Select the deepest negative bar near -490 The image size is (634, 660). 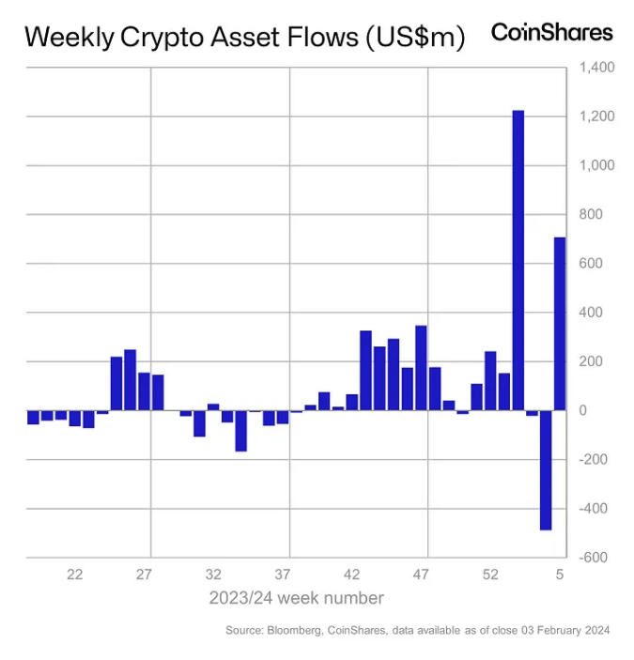click(546, 470)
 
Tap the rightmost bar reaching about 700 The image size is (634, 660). click(560, 323)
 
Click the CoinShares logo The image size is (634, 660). click(551, 33)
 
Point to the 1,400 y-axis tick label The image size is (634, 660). click(596, 68)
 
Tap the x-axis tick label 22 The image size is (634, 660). click(75, 575)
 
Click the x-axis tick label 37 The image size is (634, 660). click(283, 575)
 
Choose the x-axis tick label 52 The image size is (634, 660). click(490, 575)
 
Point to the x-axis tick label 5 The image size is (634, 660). click(560, 575)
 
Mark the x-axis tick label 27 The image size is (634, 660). click(145, 575)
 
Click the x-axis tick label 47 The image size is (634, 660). click(421, 575)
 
